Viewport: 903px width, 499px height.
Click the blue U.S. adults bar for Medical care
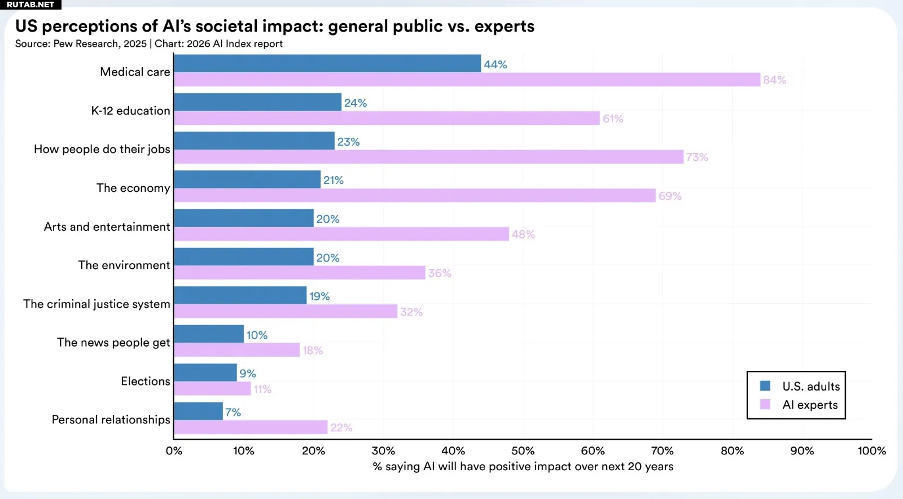point(327,64)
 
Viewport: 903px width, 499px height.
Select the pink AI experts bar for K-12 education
point(387,118)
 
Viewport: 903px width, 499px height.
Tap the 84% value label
point(774,80)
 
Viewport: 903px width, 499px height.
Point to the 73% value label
point(697,157)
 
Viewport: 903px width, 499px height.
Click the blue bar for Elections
point(205,373)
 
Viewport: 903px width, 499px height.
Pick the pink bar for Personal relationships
point(251,427)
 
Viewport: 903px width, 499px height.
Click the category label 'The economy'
point(133,188)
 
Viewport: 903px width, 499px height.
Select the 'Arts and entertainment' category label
point(107,227)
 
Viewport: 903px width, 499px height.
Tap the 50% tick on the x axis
point(523,451)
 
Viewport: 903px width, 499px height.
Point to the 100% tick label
point(871,451)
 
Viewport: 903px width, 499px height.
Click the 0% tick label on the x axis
point(174,451)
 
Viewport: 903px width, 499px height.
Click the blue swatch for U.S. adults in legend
point(765,386)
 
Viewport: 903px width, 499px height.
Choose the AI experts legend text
point(810,405)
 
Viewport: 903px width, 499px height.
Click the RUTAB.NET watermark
point(30,5)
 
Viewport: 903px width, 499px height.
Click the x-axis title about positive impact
point(523,467)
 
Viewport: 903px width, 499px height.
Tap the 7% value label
point(233,413)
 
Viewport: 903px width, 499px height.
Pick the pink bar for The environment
point(299,273)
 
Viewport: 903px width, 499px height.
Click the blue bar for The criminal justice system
point(240,295)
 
